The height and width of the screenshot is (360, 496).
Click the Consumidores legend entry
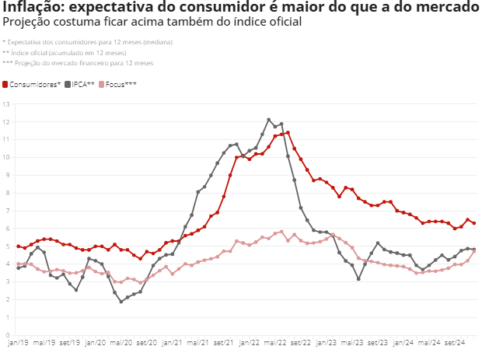[x=31, y=85]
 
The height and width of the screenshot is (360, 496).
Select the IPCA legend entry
[x=80, y=85]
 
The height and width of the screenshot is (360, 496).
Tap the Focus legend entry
[x=117, y=85]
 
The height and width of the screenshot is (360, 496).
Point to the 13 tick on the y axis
[x=6, y=104]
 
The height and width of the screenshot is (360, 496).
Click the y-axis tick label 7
[x=8, y=211]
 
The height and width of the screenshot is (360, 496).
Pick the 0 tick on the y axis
[x=8, y=335]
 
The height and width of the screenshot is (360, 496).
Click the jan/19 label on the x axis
[x=18, y=343]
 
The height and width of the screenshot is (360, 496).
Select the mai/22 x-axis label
[x=275, y=343]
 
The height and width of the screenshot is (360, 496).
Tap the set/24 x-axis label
[x=455, y=343]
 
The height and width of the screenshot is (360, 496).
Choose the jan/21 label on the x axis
[x=172, y=343]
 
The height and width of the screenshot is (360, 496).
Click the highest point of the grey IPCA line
[x=269, y=120]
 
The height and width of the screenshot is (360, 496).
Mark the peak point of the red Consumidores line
[x=288, y=133]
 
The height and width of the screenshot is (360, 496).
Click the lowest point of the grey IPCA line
[x=121, y=302]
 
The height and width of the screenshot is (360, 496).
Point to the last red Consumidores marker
[x=474, y=223]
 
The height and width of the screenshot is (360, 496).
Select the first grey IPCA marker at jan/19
[x=19, y=268]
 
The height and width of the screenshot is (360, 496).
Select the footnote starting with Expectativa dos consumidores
[x=87, y=42]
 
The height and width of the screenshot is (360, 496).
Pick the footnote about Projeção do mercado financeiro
[x=78, y=63]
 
